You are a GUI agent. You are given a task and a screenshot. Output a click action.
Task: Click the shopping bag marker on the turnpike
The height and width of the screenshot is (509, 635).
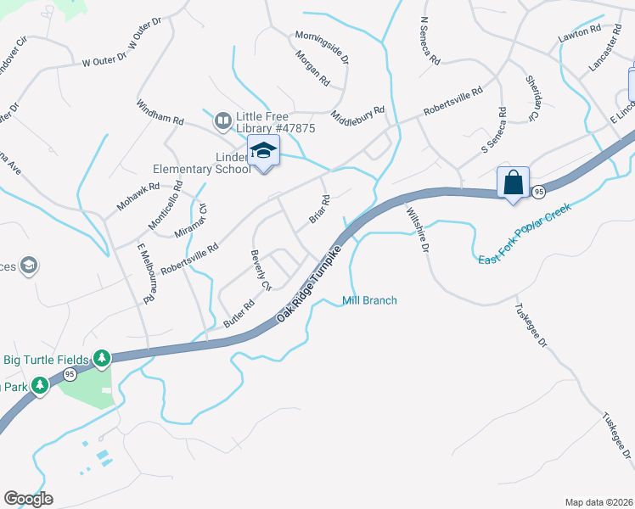pyautogui.click(x=514, y=183)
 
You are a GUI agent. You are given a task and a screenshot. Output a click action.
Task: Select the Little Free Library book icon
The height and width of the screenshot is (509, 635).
pyautogui.click(x=222, y=121)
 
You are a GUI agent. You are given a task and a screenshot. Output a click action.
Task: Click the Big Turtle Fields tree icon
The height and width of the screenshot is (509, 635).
pyautogui.click(x=102, y=359)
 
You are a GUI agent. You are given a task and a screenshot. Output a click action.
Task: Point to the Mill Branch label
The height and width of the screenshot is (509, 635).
pyautogui.click(x=369, y=300)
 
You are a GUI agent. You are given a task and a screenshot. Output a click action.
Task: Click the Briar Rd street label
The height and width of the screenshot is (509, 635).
pyautogui.click(x=319, y=210)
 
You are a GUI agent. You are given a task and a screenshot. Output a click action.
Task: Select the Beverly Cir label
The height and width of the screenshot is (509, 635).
pyautogui.click(x=260, y=271)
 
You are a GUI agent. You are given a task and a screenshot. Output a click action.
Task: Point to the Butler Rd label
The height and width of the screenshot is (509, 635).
pyautogui.click(x=239, y=315)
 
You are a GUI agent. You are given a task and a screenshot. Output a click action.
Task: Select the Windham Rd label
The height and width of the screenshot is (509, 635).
pyautogui.click(x=160, y=112)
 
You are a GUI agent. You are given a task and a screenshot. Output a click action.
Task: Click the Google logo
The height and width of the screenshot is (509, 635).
pyautogui.click(x=28, y=499)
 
